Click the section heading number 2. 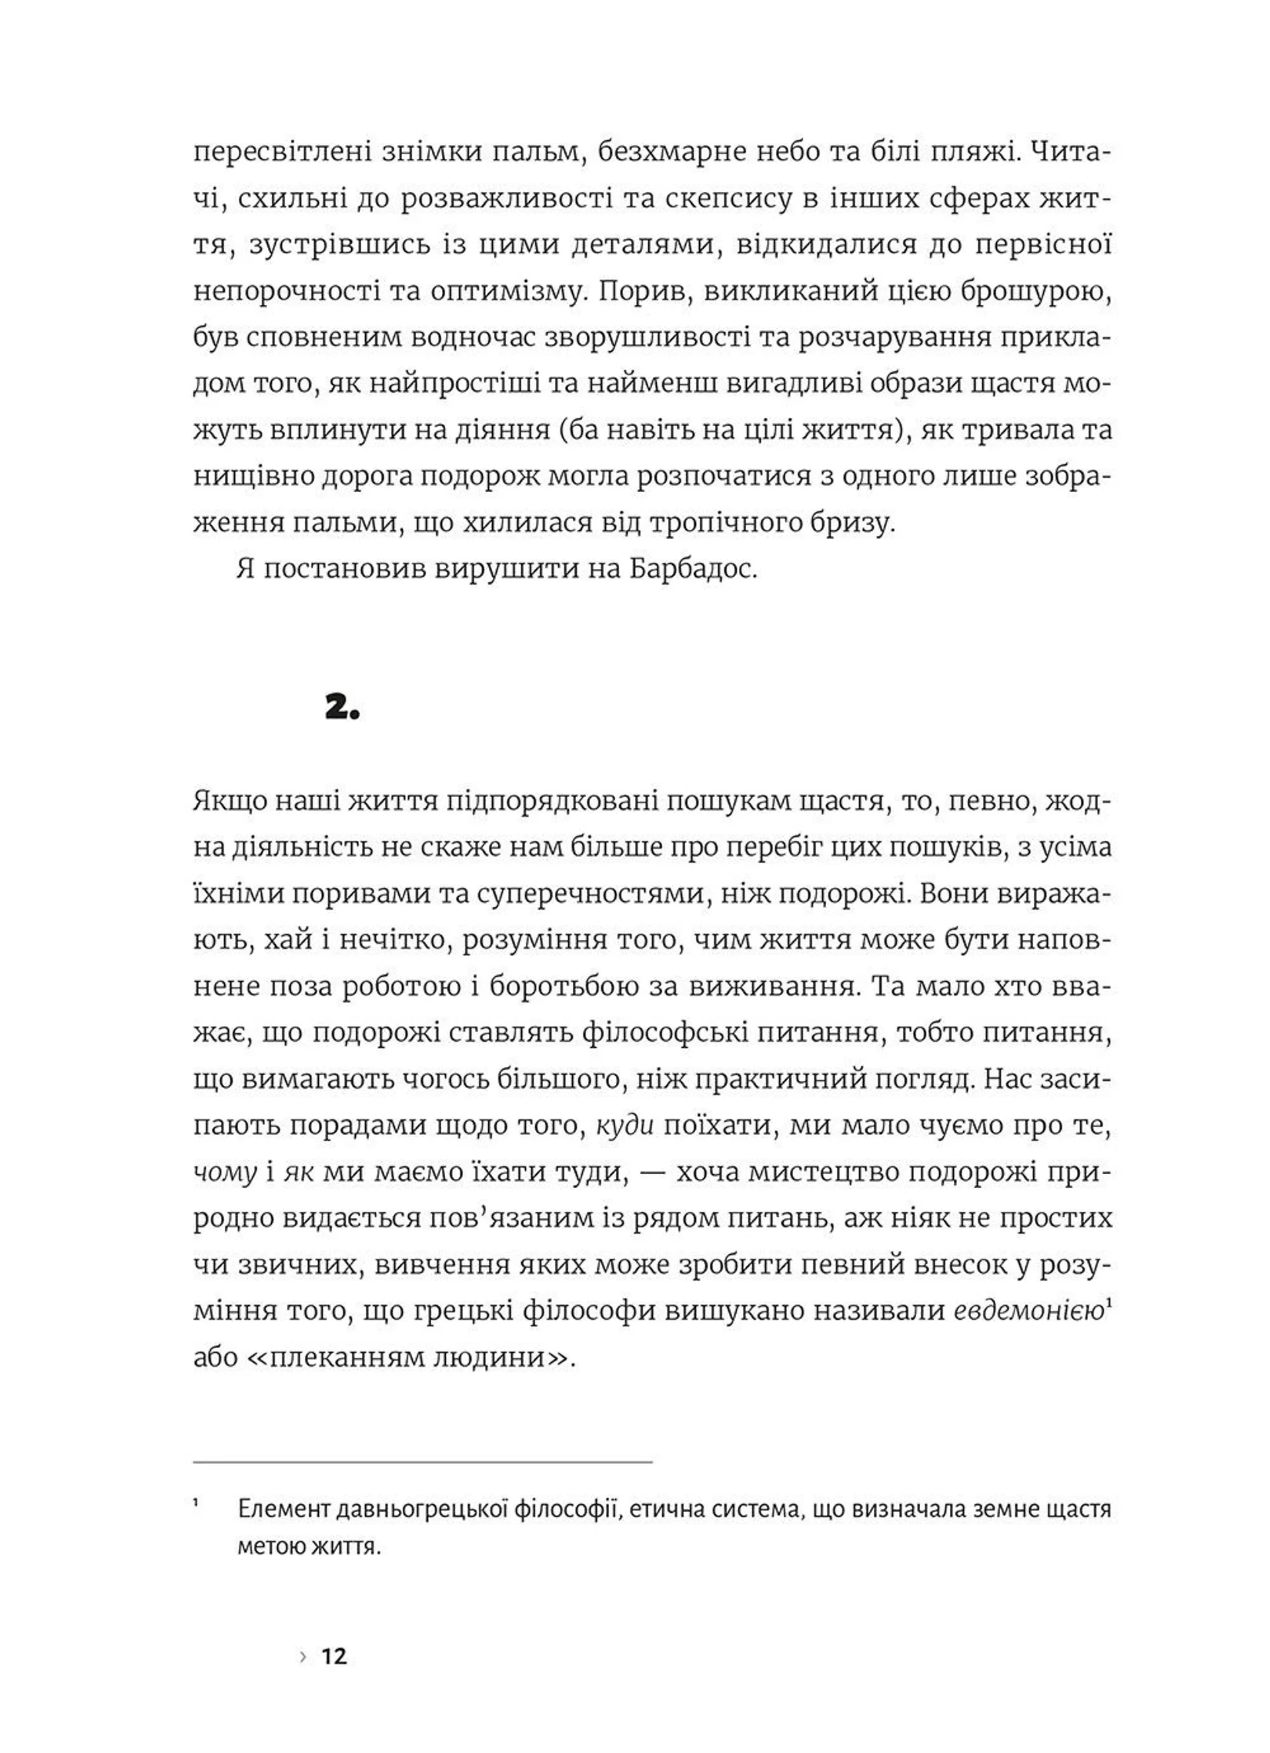(343, 707)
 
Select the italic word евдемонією (1027, 1311)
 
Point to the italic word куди (625, 1125)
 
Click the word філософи (590, 1311)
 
